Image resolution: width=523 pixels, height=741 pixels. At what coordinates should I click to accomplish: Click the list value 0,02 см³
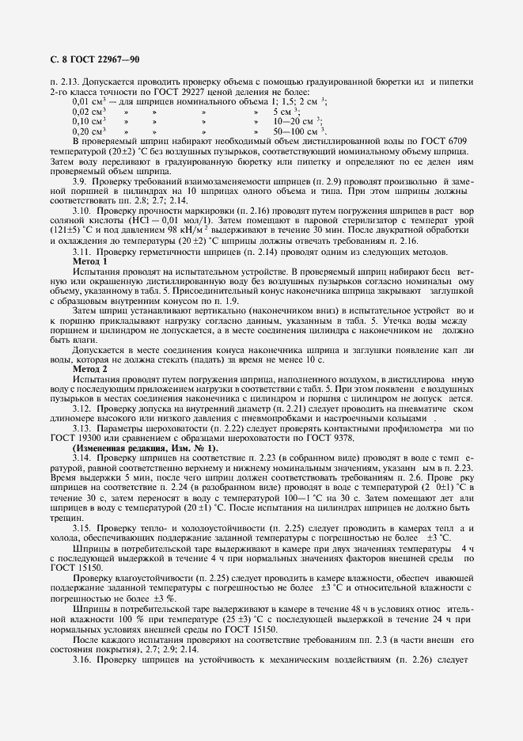click(89, 112)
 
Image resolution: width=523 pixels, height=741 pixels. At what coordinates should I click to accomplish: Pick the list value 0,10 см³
click(89, 121)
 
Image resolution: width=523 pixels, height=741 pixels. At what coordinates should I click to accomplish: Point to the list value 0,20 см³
click(89, 131)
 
